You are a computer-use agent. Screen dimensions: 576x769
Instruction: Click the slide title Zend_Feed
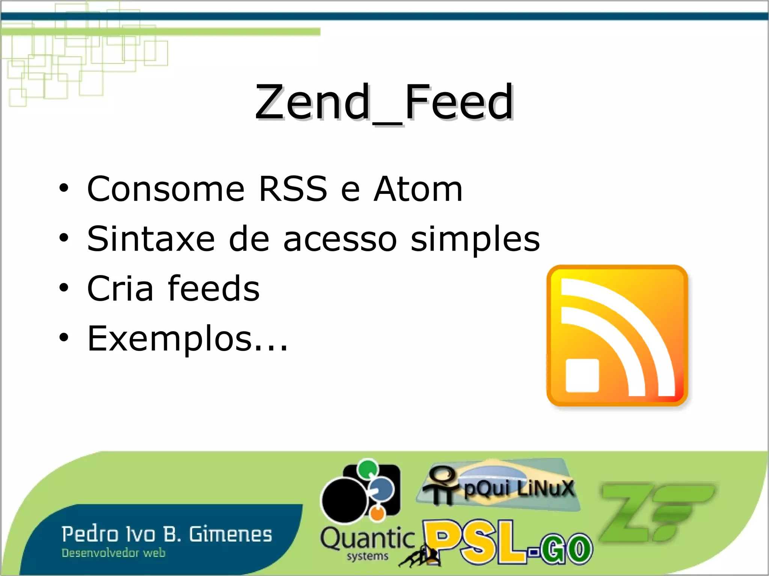click(384, 102)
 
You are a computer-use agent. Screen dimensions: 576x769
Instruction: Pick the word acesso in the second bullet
click(340, 239)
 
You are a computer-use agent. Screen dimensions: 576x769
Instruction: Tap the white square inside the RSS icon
click(582, 375)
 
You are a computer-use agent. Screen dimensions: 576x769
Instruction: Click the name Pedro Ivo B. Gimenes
click(167, 534)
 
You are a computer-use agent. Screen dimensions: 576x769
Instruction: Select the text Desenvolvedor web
click(113, 553)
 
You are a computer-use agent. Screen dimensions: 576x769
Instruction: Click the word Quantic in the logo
click(367, 538)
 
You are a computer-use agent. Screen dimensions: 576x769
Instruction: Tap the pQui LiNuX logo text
click(519, 488)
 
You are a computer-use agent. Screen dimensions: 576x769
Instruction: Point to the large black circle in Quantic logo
click(344, 501)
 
